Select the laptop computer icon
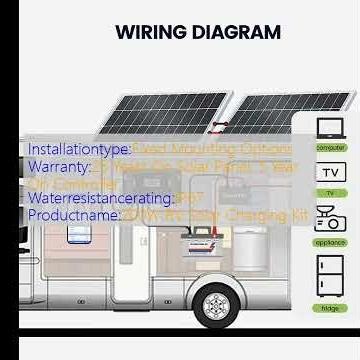point(330,128)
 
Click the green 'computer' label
point(331,148)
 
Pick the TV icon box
point(331,172)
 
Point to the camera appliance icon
point(330,219)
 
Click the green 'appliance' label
point(330,243)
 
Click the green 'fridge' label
point(330,309)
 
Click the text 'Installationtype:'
point(80,150)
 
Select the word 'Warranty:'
point(60,167)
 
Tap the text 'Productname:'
point(74,215)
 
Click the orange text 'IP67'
point(190,199)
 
